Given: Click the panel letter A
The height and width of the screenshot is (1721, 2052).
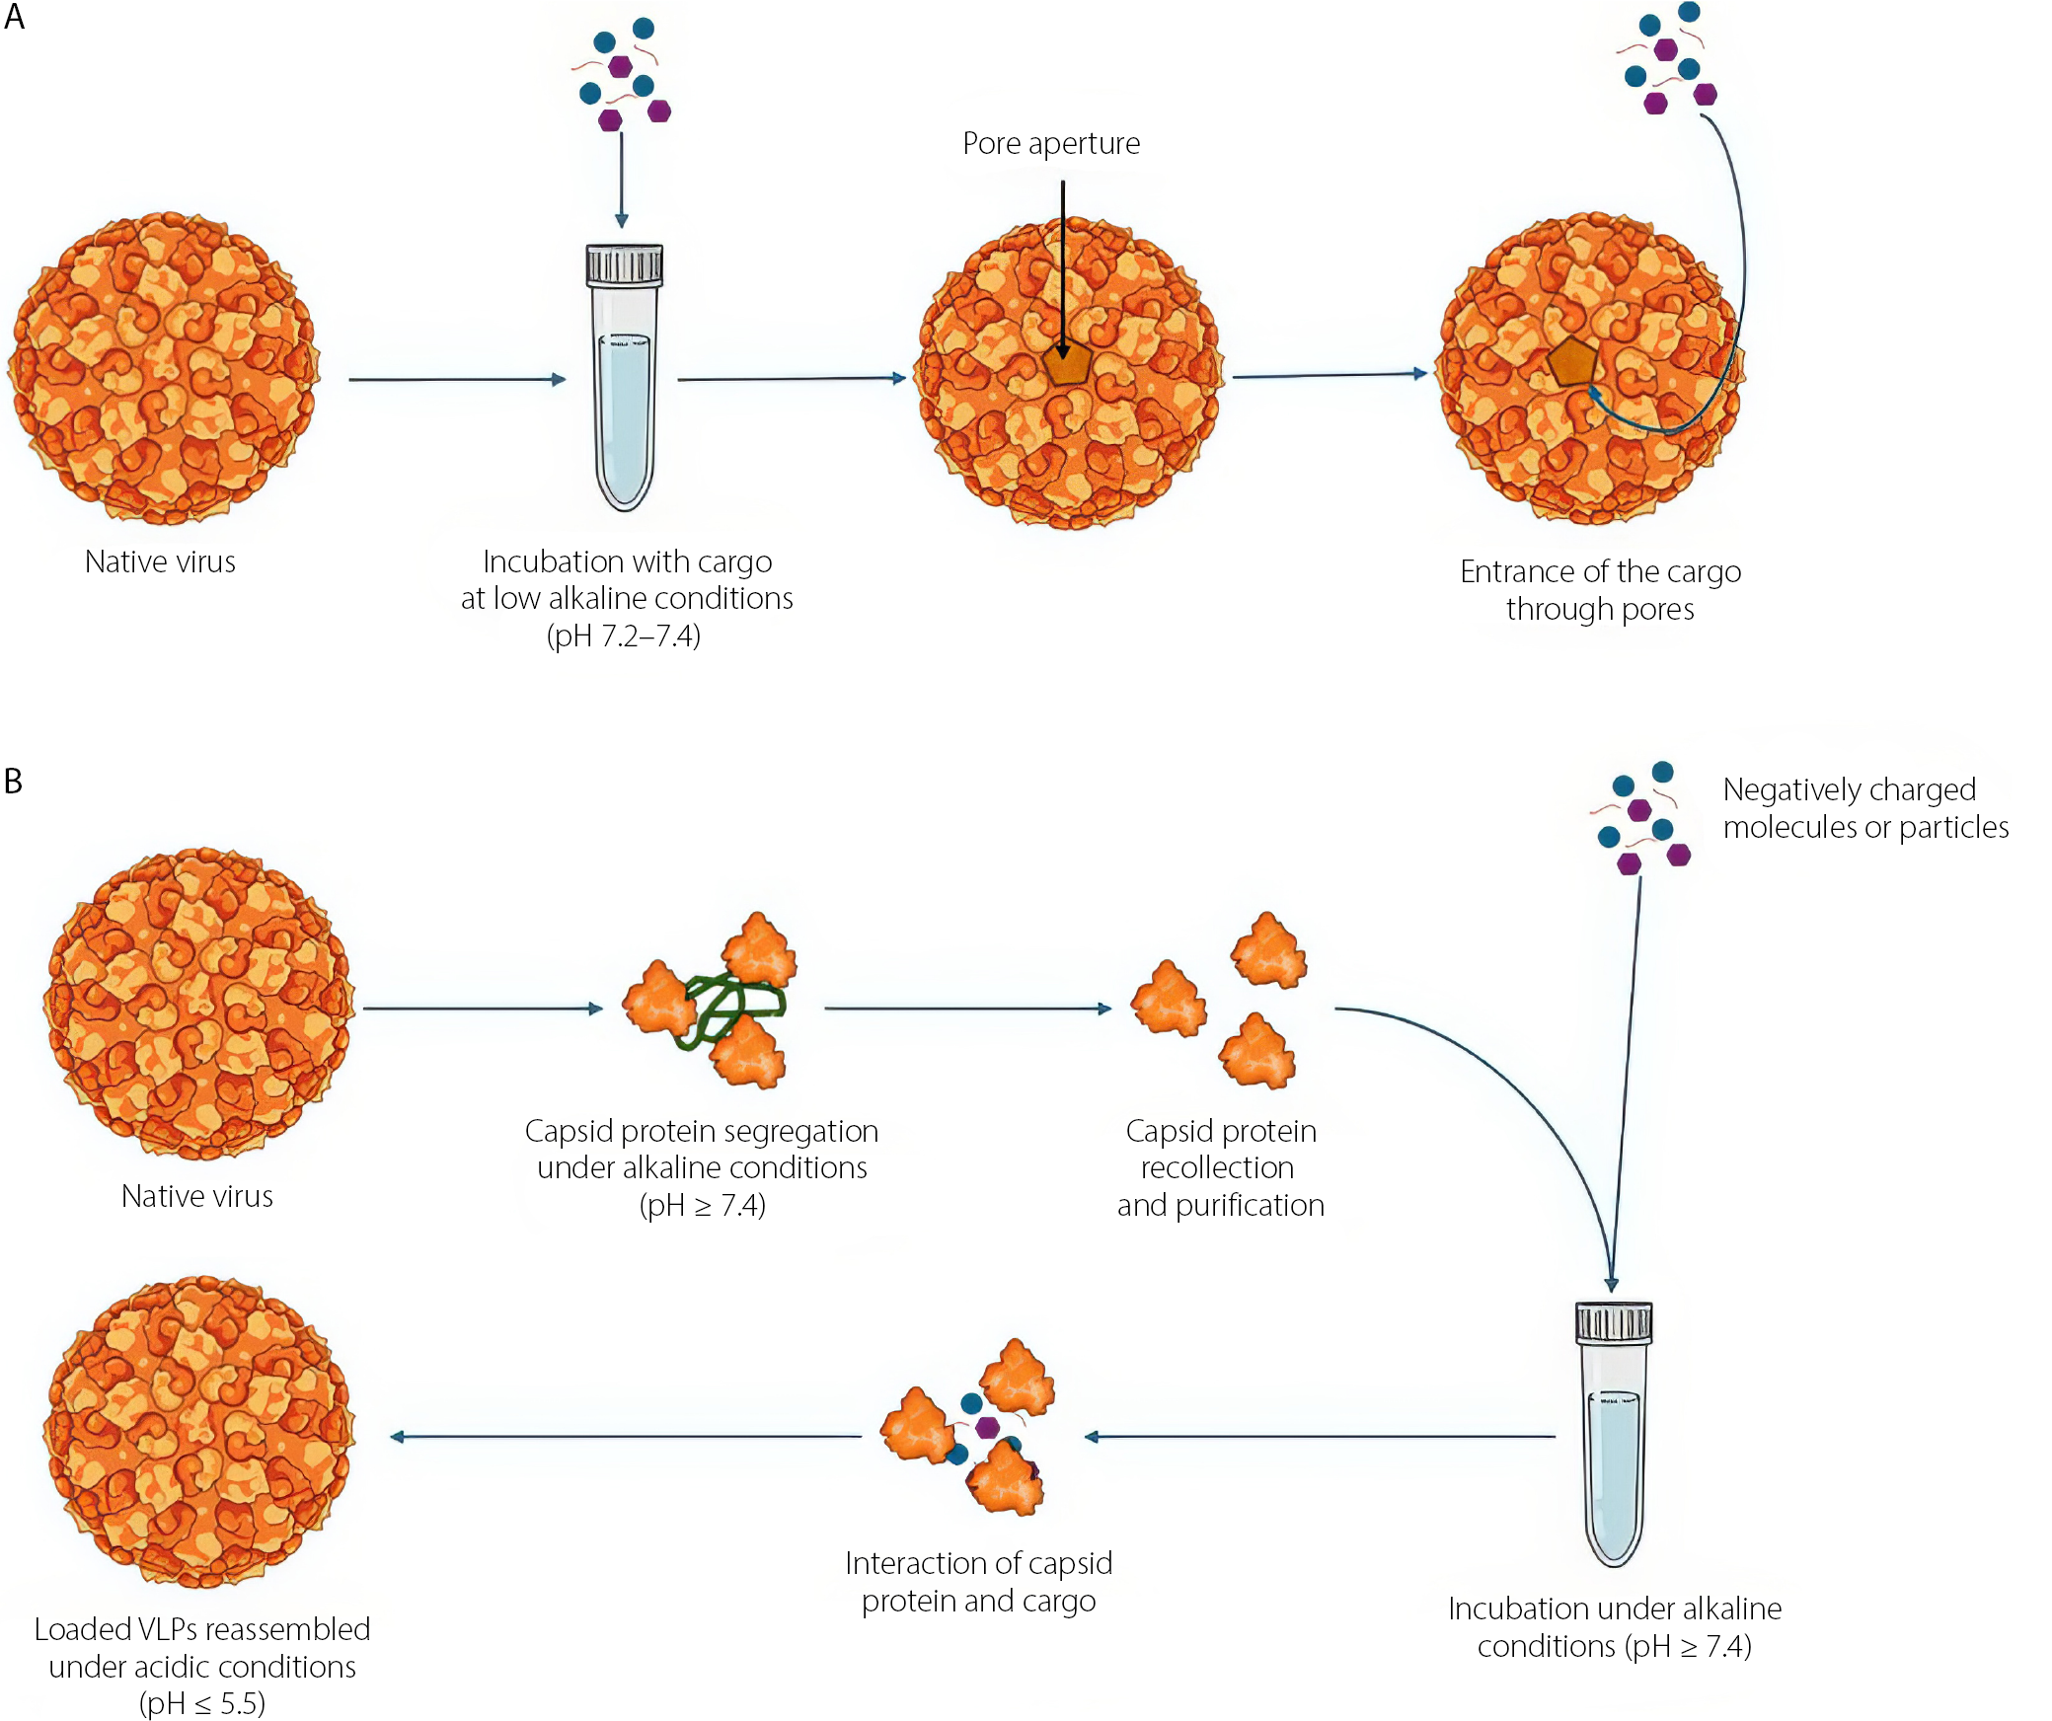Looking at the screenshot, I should (x=14, y=17).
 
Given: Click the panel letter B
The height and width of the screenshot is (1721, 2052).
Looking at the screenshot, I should (x=13, y=782).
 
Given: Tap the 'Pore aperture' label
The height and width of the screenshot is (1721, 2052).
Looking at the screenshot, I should (x=1051, y=144).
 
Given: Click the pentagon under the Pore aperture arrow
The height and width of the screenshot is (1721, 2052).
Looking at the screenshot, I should (x=1067, y=364).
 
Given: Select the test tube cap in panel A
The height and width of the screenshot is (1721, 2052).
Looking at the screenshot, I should (x=624, y=264).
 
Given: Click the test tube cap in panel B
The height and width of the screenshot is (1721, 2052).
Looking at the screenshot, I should (x=1614, y=1322).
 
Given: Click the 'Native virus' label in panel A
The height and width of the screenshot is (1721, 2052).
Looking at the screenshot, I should (x=160, y=562).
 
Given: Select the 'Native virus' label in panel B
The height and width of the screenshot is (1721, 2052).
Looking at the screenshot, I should (x=196, y=1197).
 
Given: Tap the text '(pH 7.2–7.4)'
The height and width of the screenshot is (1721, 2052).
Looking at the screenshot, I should (x=624, y=636).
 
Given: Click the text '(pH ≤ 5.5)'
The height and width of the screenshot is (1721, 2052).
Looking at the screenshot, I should (x=202, y=1704).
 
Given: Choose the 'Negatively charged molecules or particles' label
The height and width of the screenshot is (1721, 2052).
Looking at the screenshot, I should (x=1864, y=808).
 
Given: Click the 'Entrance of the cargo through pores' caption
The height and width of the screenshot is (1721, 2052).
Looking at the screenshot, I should (x=1600, y=590).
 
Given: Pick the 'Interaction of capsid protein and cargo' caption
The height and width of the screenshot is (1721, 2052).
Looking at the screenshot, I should (x=978, y=1582).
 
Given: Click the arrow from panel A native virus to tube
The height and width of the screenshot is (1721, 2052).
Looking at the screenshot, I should (x=457, y=379).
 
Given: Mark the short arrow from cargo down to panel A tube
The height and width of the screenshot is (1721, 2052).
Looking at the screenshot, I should (x=621, y=178).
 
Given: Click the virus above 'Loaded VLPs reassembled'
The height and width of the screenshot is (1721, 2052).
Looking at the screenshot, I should (x=199, y=1432).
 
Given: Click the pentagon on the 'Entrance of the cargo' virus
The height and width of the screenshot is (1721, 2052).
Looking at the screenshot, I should (x=1571, y=361).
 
